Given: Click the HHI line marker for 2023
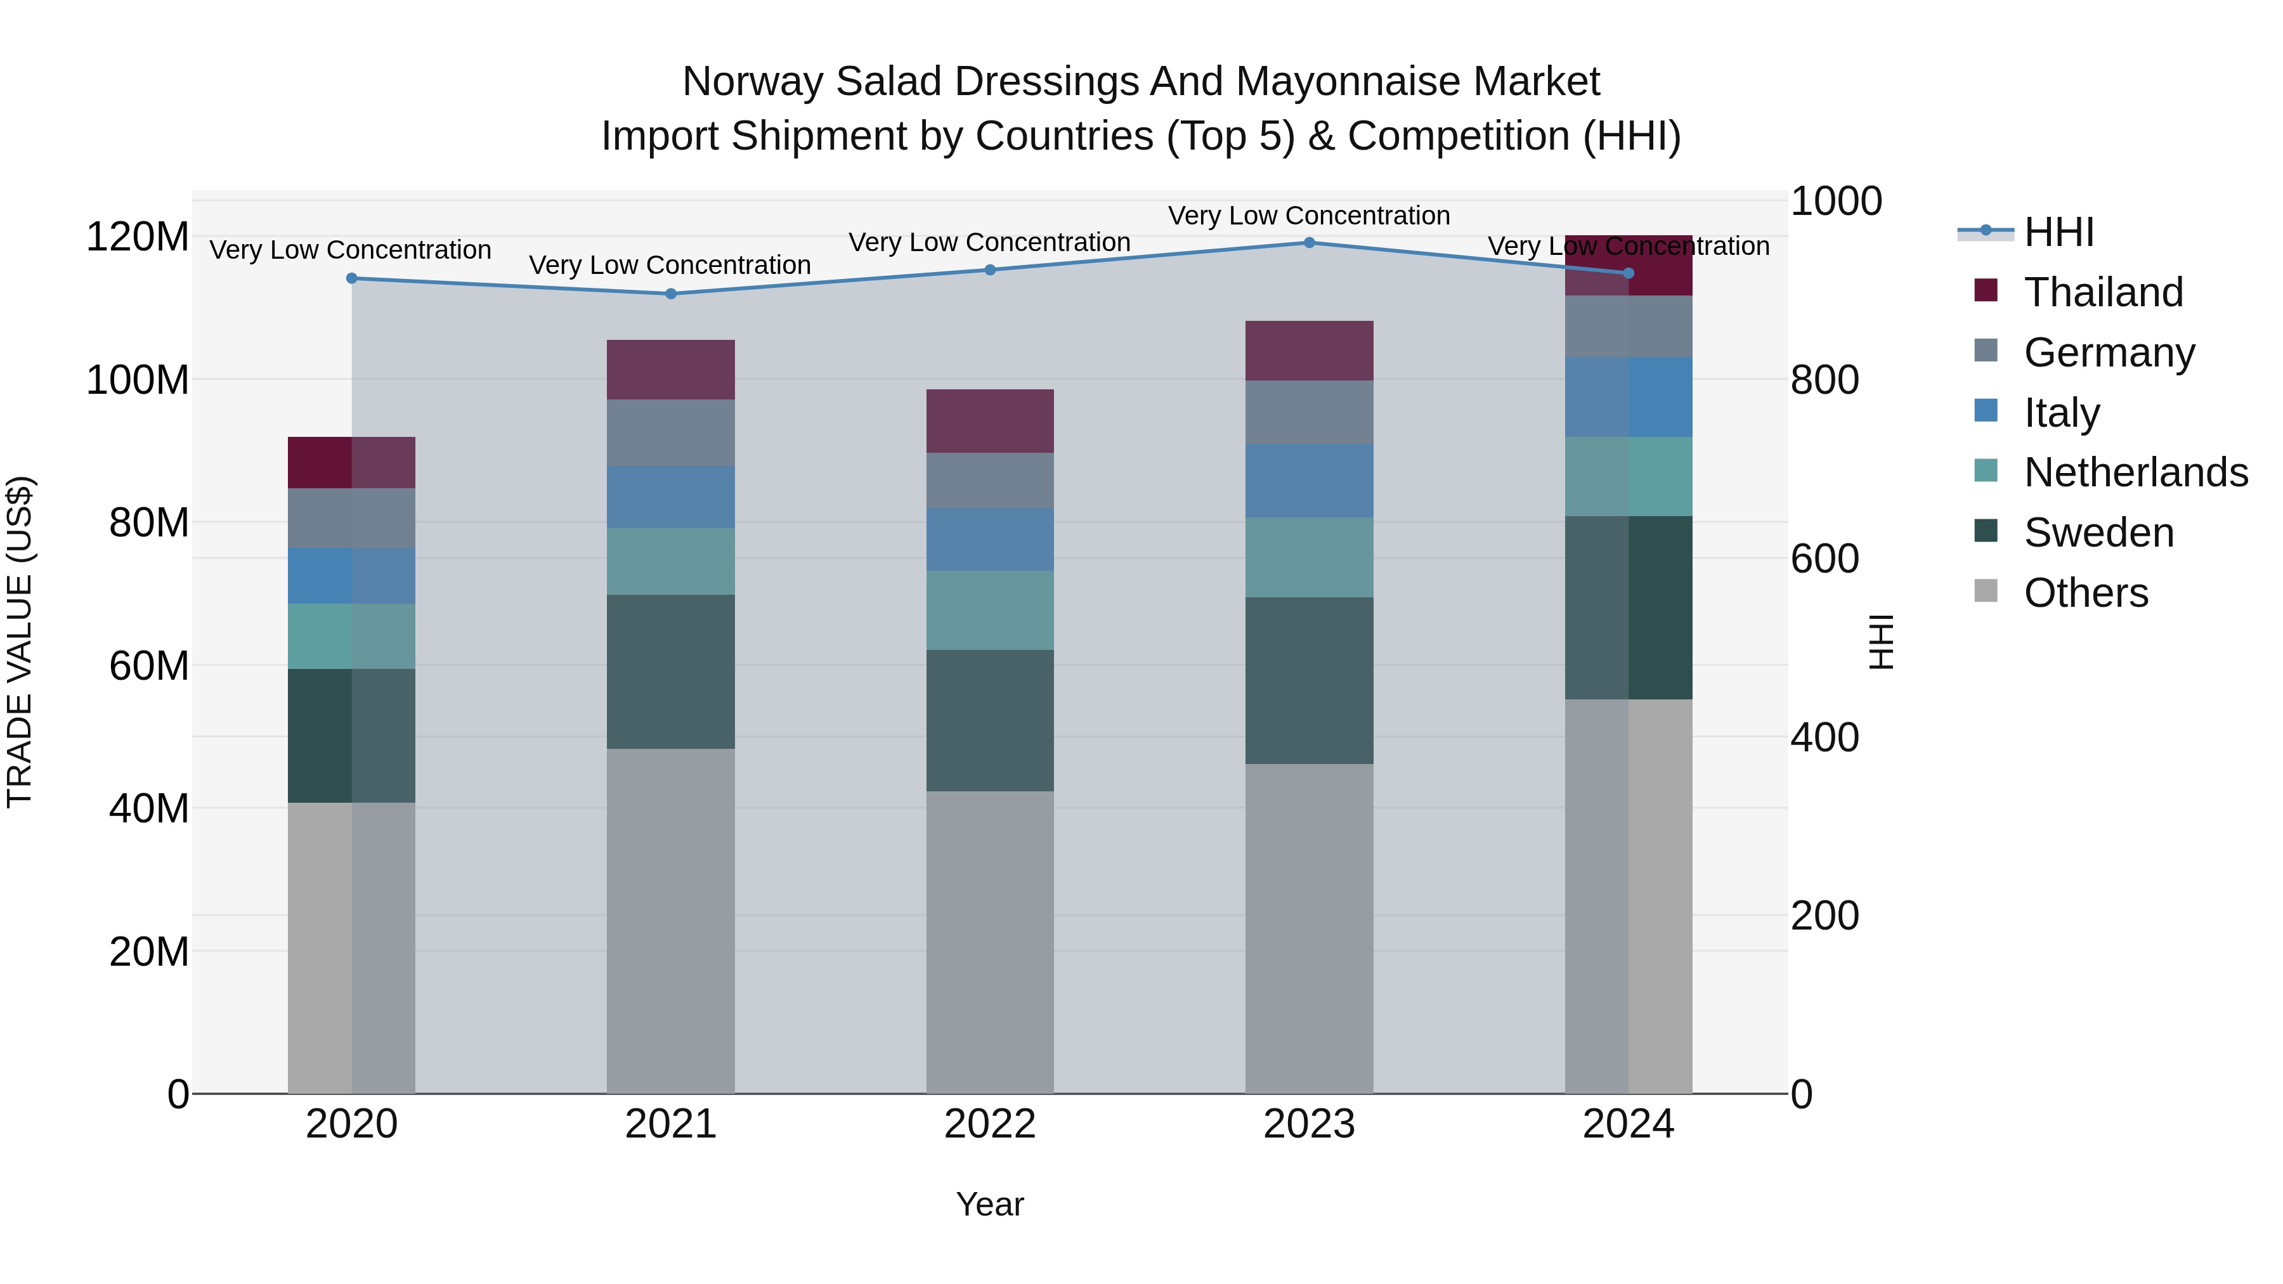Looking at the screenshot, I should click(1309, 242).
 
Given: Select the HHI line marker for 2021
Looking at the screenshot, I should click(671, 294).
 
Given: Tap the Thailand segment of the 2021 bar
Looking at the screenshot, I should click(671, 370).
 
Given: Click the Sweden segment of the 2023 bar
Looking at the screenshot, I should click(1309, 680).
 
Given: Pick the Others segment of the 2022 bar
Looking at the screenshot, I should click(990, 942).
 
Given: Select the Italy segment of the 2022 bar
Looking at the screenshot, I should click(990, 539).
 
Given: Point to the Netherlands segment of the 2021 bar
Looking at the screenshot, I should click(671, 561).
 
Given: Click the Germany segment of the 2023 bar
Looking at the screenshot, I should click(1309, 412).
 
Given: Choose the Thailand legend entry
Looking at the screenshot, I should click(2103, 292).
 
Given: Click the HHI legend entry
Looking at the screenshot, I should click(2058, 232).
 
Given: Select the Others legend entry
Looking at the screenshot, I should click(2085, 593).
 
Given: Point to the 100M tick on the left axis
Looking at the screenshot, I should click(138, 380).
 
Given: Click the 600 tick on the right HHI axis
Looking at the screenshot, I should click(1824, 559).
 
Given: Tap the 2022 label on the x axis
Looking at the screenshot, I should click(990, 1124).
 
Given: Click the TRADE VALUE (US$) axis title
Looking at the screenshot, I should click(20, 642).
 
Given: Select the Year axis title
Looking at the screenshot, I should click(990, 1204).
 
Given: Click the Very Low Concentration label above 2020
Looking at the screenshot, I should click(350, 250).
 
